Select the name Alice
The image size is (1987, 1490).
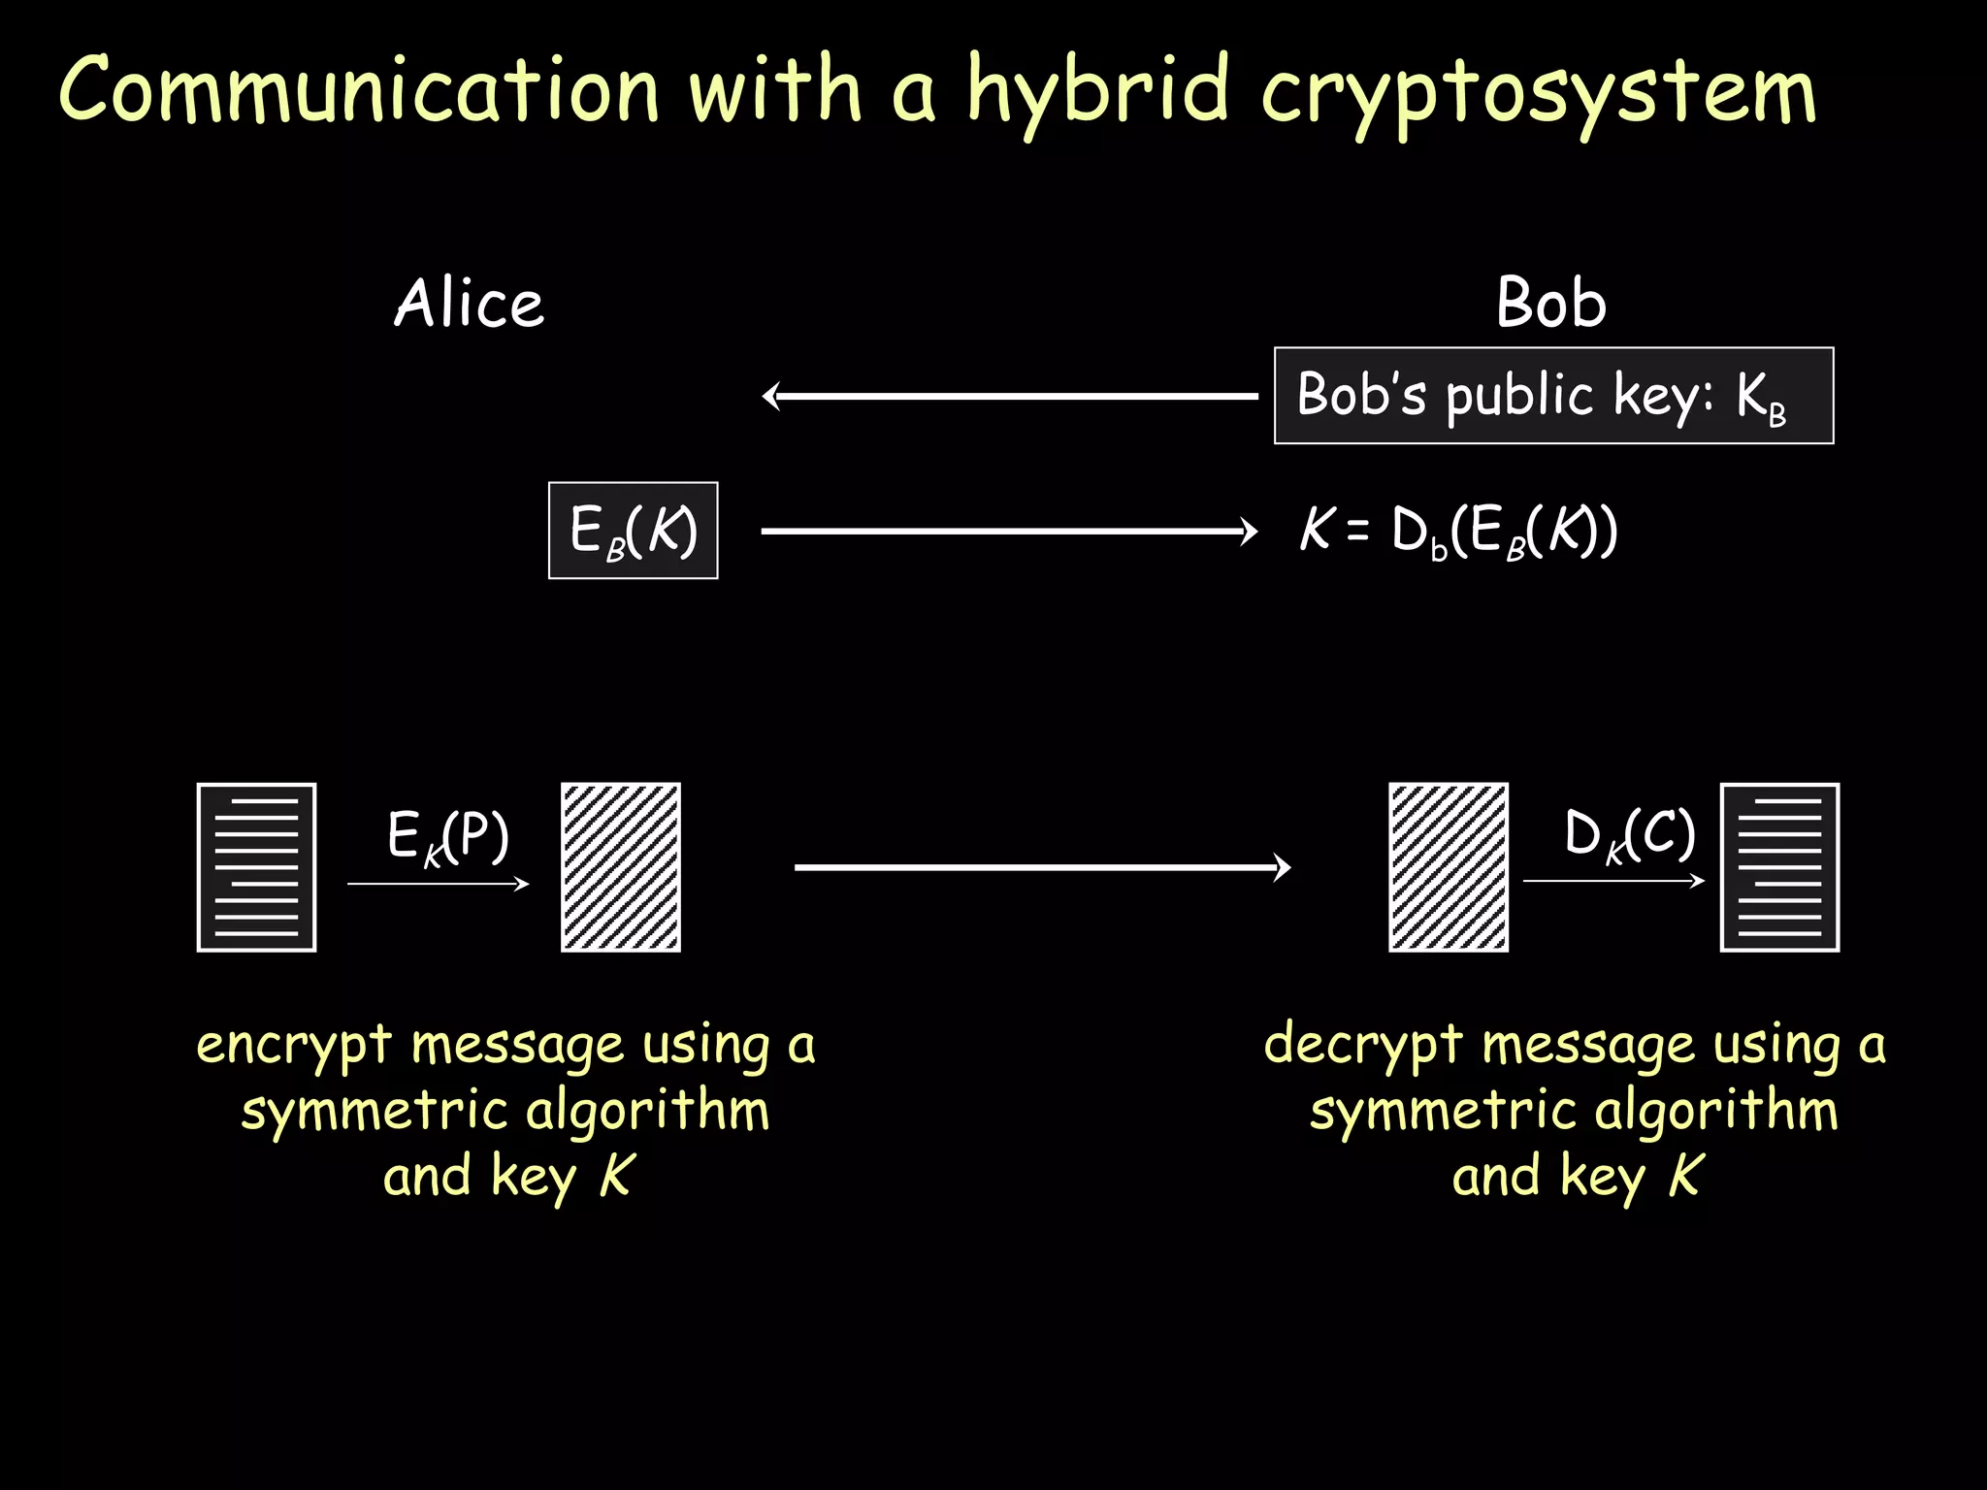coord(469,303)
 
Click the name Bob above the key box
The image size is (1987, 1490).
coord(1550,303)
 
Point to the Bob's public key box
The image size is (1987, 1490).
coord(1553,396)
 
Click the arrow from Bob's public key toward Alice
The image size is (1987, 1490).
coord(1009,396)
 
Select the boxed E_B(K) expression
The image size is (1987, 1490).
coord(633,531)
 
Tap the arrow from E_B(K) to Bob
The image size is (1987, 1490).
coord(1009,531)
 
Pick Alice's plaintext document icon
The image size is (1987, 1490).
coord(256,867)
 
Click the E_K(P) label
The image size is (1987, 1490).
coord(447,836)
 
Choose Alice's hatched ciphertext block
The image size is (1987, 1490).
coord(621,867)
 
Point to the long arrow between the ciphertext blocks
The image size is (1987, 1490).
coord(1042,866)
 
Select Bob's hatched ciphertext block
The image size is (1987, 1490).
coord(1448,867)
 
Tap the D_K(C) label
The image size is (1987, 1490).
coord(1629,834)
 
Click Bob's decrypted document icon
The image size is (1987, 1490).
coord(1779,867)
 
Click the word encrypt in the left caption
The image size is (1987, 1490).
coord(293,1047)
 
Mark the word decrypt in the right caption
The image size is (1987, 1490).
coord(1362,1047)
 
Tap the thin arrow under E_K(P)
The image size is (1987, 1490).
coord(439,884)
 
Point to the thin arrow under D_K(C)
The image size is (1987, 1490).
coord(1613,881)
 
